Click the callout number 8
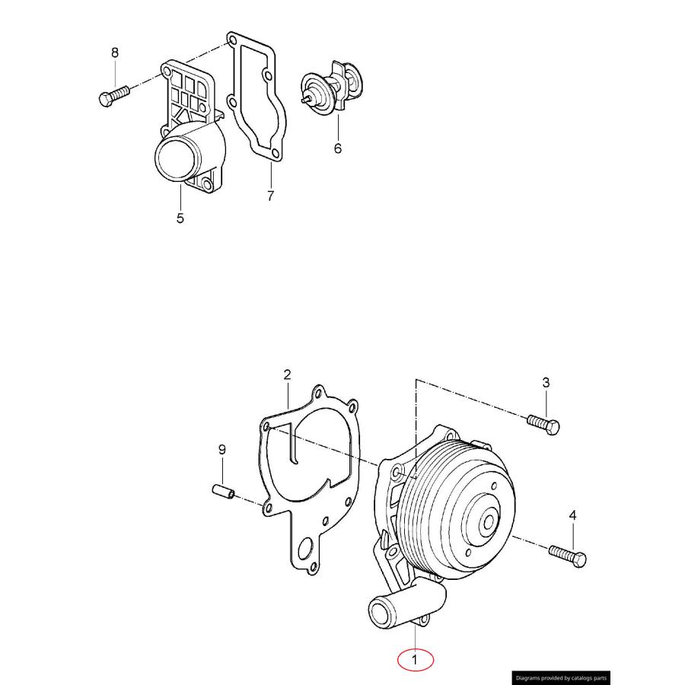tap(115, 53)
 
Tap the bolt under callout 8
tap(114, 95)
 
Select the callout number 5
tap(180, 218)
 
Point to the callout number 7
tap(270, 196)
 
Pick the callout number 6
tap(338, 148)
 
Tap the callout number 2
tap(287, 374)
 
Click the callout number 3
tap(546, 383)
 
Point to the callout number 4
tap(573, 516)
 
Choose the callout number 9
tap(222, 450)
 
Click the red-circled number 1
tap(414, 660)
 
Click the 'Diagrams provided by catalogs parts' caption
tap(560, 677)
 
